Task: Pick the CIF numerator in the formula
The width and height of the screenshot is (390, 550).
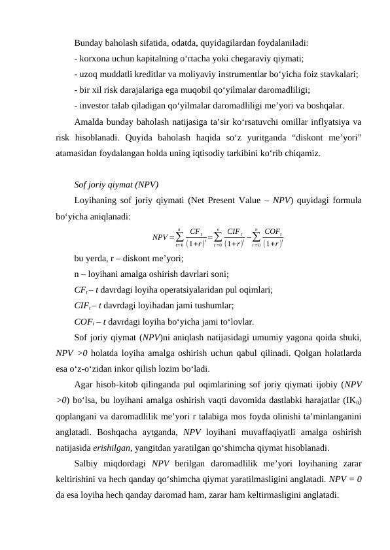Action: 234,230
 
